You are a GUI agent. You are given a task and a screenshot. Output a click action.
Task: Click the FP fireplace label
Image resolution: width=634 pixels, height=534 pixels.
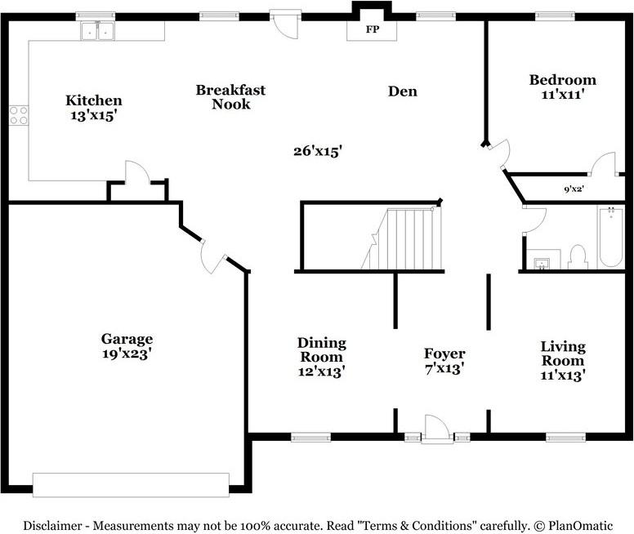(x=373, y=29)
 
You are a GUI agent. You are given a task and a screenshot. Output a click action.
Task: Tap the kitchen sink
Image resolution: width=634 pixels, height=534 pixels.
(x=97, y=31)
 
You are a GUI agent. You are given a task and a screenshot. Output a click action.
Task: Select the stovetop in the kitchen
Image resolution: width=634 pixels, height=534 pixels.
(x=19, y=115)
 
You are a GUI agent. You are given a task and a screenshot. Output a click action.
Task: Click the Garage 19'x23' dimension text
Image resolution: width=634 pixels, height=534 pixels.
(x=127, y=354)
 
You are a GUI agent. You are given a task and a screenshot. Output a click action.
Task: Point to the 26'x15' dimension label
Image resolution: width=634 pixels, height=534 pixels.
(x=318, y=151)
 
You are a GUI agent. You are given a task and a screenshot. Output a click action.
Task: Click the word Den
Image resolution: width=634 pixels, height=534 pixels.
(x=402, y=91)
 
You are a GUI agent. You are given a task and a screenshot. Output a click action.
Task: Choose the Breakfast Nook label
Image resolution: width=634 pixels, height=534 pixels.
(x=231, y=97)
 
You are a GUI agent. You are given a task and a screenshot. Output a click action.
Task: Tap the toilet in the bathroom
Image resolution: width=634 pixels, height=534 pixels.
(x=578, y=257)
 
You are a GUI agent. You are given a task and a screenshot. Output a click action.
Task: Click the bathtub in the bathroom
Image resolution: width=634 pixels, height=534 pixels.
(x=611, y=237)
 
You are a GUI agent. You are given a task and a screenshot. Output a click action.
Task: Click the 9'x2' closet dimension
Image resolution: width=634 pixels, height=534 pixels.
(x=574, y=189)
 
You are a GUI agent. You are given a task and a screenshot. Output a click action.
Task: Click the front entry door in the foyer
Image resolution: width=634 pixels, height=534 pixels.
(x=437, y=429)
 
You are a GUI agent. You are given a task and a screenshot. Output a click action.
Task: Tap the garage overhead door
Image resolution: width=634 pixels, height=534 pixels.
(x=131, y=485)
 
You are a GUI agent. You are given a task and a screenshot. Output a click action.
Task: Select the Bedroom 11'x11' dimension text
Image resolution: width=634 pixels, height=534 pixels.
(x=562, y=95)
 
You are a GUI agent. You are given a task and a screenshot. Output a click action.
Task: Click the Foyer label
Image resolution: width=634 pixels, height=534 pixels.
(x=444, y=354)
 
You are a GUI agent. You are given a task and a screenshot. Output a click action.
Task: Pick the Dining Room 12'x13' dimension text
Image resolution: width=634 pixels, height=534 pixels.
(x=321, y=372)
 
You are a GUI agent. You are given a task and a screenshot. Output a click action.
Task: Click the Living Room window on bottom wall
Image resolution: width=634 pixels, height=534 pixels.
(x=565, y=437)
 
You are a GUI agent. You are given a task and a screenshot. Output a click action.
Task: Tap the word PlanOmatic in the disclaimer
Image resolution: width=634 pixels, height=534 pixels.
(x=580, y=526)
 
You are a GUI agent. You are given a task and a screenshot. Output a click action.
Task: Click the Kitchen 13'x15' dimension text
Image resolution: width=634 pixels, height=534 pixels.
(x=94, y=116)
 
